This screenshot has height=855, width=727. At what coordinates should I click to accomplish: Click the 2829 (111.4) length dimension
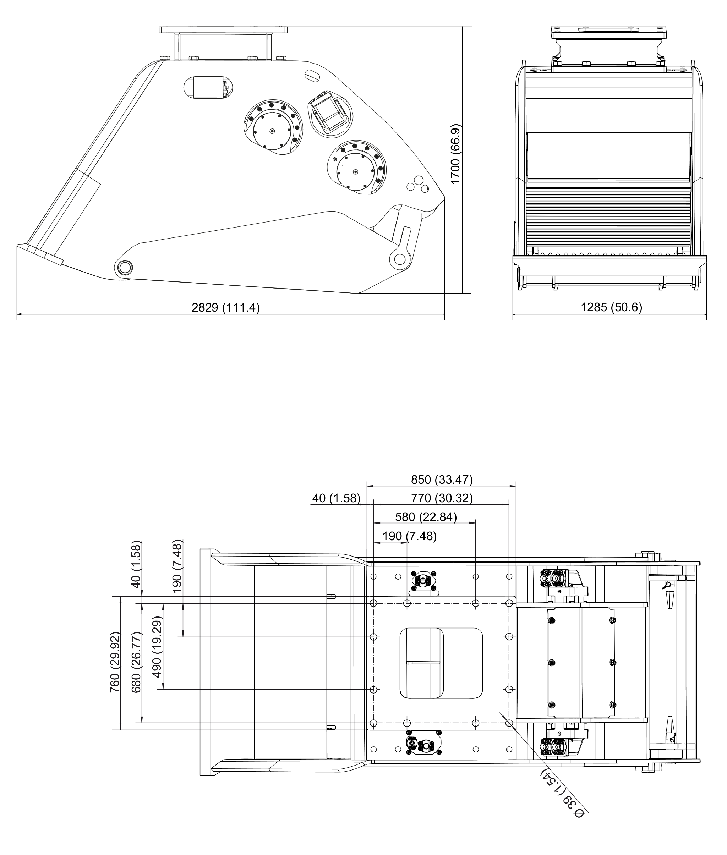[x=226, y=307]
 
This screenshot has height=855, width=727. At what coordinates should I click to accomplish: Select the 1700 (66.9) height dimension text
[x=455, y=154]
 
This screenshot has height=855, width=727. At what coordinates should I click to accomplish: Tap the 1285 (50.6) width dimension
[x=612, y=307]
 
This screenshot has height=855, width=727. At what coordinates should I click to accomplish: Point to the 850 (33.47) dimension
[x=442, y=479]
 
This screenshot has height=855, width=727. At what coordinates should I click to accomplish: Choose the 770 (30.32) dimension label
[x=442, y=498]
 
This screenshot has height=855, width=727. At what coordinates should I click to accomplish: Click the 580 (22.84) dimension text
[x=426, y=517]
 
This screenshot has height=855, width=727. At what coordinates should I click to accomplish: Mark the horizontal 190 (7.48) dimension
[x=409, y=536]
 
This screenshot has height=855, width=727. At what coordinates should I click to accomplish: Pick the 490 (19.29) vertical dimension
[x=157, y=647]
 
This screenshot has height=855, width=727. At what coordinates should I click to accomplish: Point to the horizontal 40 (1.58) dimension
[x=336, y=498]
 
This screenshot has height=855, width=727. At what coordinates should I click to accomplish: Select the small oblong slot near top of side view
[x=312, y=75]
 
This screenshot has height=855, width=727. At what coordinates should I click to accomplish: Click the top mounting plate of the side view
[x=223, y=30]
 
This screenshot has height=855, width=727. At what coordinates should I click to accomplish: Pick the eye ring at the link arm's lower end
[x=399, y=259]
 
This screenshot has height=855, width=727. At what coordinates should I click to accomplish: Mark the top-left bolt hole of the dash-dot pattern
[x=373, y=603]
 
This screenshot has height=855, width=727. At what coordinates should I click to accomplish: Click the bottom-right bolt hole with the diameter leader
[x=509, y=723]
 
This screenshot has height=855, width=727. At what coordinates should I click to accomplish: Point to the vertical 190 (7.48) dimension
[x=177, y=566]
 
